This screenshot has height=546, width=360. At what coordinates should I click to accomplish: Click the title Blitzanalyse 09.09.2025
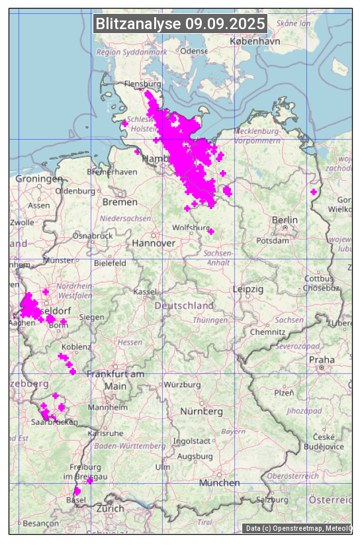180,24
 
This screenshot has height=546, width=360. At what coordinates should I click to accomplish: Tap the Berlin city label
285,220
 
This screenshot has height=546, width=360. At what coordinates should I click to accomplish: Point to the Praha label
321,359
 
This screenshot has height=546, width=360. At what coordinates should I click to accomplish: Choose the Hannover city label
154,243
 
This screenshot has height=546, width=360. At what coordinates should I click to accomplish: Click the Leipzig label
248,289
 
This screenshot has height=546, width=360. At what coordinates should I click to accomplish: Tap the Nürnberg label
202,411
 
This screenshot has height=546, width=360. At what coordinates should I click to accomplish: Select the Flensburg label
143,84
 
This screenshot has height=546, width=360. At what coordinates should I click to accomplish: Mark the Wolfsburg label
191,228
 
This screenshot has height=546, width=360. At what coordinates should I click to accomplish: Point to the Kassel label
144,291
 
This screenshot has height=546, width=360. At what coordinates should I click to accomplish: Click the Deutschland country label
184,306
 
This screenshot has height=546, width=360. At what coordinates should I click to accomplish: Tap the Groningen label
39,179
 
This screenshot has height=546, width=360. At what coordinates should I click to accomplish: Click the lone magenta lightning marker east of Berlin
314,192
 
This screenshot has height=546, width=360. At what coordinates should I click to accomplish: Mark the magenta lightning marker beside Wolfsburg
210,231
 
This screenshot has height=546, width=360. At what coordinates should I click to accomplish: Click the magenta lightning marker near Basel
77,491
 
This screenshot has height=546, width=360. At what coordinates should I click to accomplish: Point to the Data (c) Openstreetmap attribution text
298,528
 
